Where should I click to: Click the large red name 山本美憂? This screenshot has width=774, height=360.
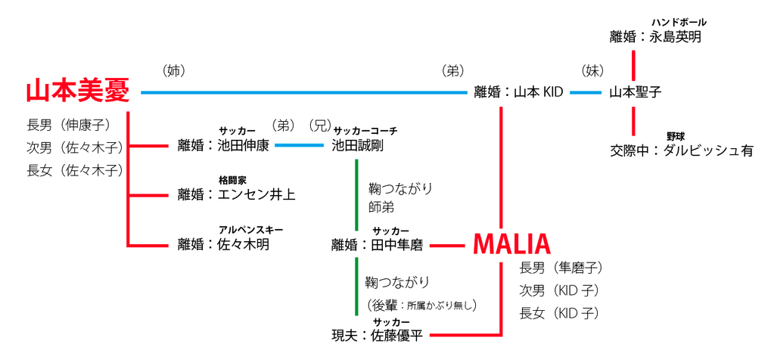[78, 92]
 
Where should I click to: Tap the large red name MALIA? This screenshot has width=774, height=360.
[511, 244]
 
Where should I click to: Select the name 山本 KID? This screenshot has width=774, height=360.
[539, 92]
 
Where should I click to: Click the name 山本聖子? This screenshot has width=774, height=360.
[636, 92]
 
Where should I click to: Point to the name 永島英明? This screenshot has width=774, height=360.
[676, 36]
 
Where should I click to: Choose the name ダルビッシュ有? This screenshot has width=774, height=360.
[707, 150]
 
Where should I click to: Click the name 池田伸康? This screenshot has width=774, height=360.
[243, 145]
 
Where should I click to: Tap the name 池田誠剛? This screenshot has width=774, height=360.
[357, 145]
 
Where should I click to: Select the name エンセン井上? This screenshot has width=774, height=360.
[256, 194]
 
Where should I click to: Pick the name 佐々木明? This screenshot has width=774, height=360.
[243, 244]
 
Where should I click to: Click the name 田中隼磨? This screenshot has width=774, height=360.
[396, 244]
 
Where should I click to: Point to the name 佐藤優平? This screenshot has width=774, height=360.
[396, 336]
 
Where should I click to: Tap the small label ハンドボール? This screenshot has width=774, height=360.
[679, 22]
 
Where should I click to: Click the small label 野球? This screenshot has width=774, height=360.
[675, 136]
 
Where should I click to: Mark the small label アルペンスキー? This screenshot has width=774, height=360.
[250, 230]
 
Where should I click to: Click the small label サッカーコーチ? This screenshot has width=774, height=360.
[365, 131]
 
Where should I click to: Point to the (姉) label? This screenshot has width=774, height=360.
[174, 71]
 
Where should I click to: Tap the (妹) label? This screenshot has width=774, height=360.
[592, 71]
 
